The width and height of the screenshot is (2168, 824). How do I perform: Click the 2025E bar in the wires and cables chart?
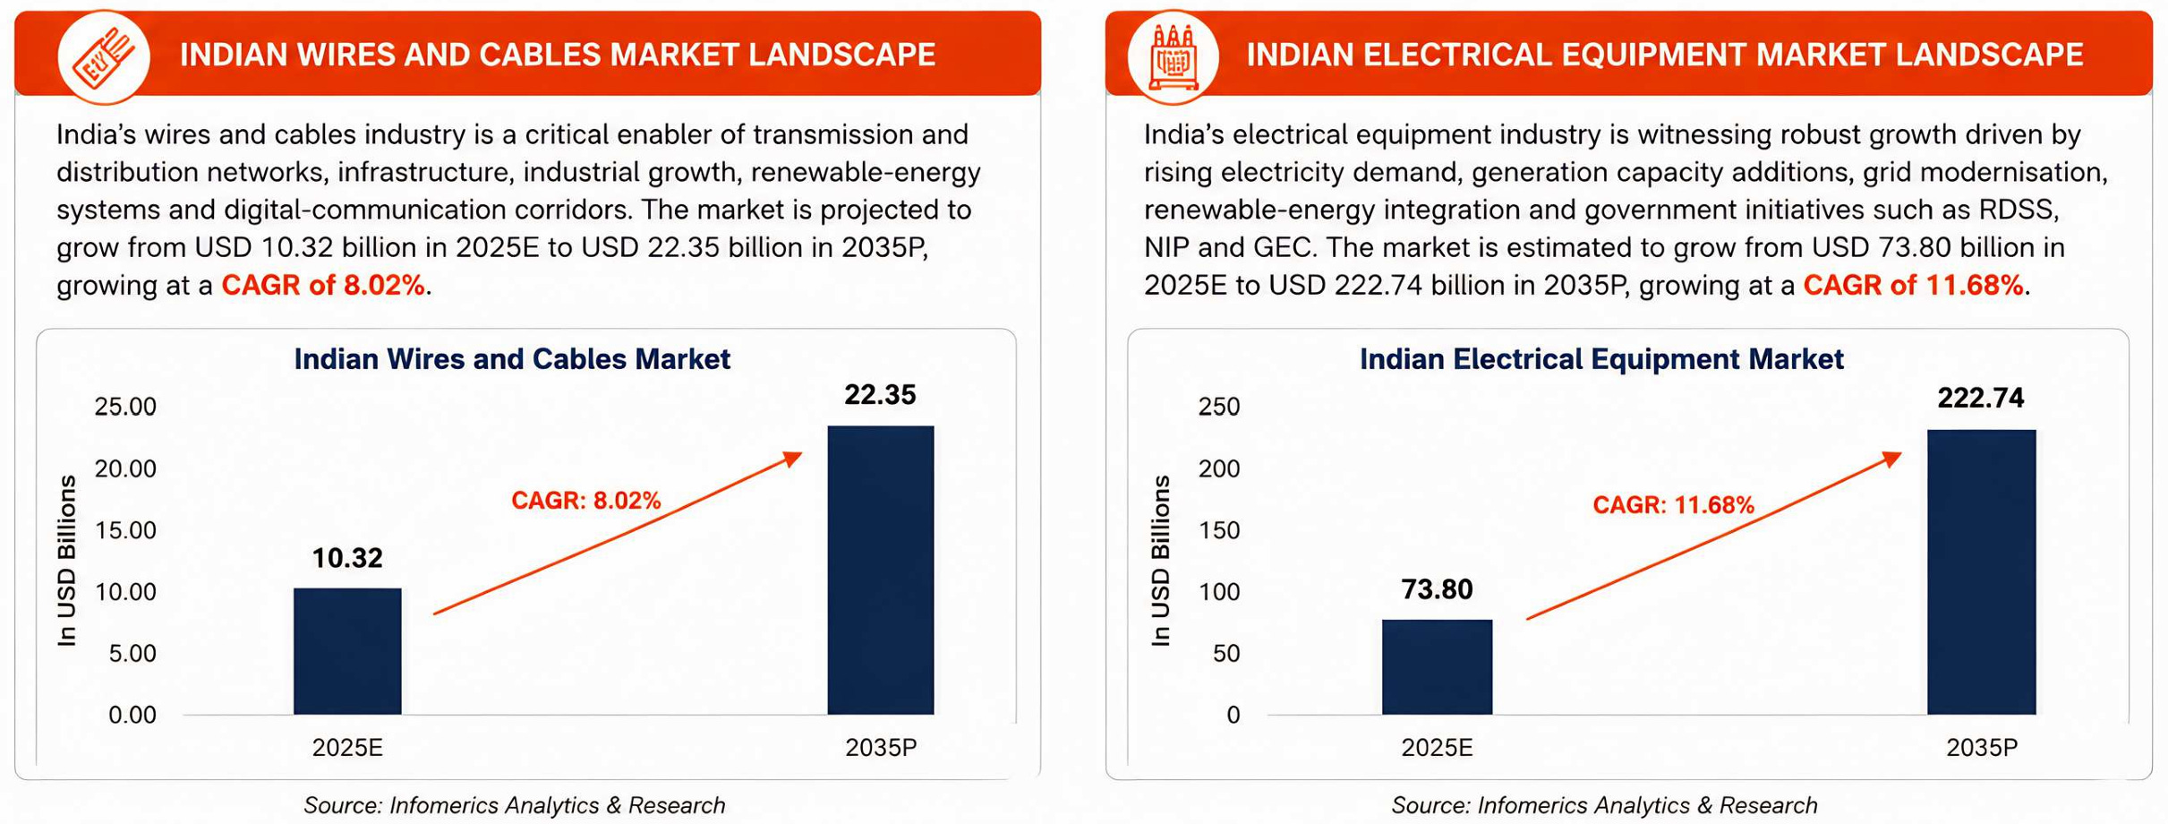point(347,651)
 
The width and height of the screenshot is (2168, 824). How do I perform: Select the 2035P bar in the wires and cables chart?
point(881,571)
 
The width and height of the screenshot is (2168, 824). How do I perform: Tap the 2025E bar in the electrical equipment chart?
point(1437,667)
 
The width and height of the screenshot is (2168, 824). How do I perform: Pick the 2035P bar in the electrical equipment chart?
point(1981,572)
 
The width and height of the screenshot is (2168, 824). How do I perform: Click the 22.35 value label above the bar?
point(881,395)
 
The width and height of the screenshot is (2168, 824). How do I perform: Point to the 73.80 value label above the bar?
point(1437,589)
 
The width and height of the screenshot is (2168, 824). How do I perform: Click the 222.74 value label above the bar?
point(1981,398)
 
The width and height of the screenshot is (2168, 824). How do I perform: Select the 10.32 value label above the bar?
point(347,558)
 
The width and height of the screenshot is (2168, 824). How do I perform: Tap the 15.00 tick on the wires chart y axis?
point(125,530)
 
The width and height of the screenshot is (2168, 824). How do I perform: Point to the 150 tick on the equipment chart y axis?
point(1219,530)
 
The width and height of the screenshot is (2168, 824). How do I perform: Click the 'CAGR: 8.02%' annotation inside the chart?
point(586,501)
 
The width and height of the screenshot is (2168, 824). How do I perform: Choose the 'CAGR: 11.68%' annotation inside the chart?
point(1674,505)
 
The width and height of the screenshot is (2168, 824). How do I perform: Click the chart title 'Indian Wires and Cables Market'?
point(512,359)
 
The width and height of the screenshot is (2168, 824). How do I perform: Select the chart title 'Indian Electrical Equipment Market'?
point(1601,359)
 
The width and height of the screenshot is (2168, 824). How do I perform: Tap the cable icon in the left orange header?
point(104,56)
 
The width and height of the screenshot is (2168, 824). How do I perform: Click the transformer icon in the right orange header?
point(1174,56)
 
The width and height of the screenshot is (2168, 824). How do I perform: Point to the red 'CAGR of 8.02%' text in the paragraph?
point(323,285)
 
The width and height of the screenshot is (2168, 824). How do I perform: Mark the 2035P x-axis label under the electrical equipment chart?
point(1982,747)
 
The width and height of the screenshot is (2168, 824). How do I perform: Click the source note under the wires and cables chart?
point(515,805)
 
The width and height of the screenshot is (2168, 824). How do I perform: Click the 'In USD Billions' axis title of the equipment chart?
point(1160,561)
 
